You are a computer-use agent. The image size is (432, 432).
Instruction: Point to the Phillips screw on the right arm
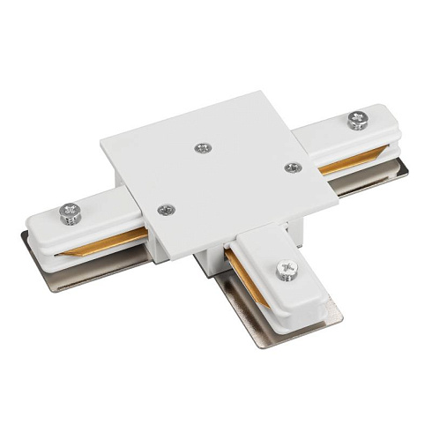tap(357, 120)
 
